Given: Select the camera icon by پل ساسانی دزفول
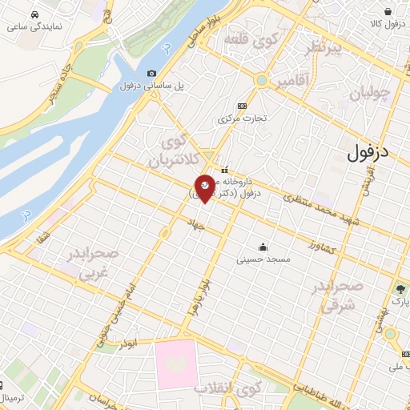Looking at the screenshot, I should [153, 74].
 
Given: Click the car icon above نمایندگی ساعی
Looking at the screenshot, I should [34, 15].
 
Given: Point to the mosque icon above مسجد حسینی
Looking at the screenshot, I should [263, 247].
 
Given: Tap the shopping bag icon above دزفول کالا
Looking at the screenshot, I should [388, 11].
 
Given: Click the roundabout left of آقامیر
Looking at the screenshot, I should [261, 80].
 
